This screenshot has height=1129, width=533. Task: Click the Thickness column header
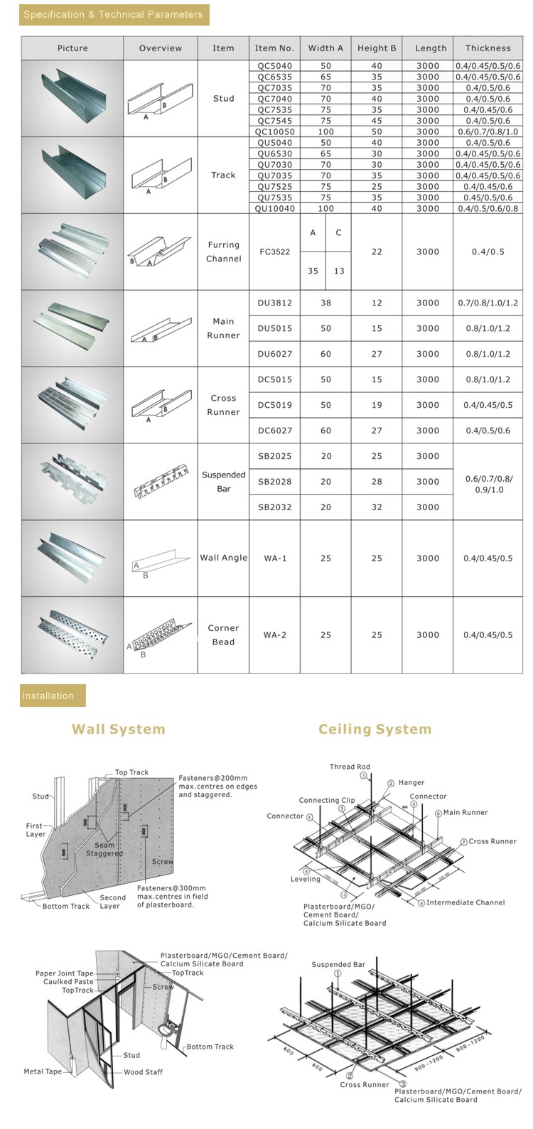488,48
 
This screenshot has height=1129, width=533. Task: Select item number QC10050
274,131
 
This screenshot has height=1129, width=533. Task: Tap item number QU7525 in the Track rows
274,186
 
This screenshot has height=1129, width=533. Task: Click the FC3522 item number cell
274,252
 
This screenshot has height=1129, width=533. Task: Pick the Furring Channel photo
72,252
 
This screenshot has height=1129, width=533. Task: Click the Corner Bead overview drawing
160,635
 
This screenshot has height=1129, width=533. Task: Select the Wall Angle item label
223,558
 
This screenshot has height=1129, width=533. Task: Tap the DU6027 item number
274,354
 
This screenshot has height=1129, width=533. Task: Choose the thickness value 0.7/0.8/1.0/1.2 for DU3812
488,303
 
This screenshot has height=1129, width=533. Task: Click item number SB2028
274,482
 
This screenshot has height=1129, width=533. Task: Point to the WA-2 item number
274,635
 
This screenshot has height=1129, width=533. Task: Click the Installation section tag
53,696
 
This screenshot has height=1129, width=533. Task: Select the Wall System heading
118,729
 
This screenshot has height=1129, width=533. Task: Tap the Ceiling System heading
375,729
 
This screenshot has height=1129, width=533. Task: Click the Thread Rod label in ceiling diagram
350,767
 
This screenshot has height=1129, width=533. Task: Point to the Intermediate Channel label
465,902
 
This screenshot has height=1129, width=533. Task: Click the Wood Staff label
143,1072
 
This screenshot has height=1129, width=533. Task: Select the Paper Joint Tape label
65,973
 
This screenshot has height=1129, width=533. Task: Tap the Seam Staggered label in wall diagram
104,849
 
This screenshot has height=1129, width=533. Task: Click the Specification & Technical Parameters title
113,14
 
